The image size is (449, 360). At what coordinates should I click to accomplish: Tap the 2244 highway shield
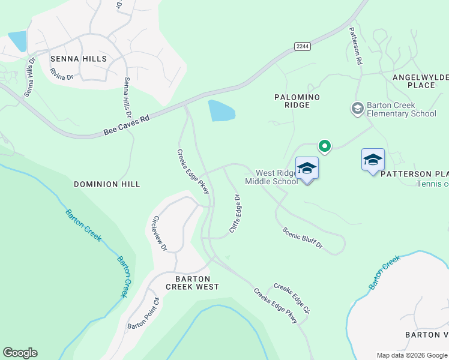point(302,46)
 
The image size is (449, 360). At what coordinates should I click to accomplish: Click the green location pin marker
point(325,146)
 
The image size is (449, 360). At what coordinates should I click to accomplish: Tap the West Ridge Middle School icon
point(307,169)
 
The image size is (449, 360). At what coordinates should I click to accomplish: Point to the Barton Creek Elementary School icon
point(357,108)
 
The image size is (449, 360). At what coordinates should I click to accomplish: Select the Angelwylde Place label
point(422,81)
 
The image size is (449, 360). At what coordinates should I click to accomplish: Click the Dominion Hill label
point(107,184)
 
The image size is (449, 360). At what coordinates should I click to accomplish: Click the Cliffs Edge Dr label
point(235,214)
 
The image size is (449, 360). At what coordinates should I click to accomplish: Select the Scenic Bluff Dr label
point(303,238)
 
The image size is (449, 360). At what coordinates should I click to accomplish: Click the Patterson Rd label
point(355,48)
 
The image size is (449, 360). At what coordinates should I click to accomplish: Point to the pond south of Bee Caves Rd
point(220,111)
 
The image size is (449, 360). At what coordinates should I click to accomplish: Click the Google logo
point(20,353)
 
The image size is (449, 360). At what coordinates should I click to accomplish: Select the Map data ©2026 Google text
point(412,355)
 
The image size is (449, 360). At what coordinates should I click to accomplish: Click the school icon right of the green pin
point(373,160)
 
